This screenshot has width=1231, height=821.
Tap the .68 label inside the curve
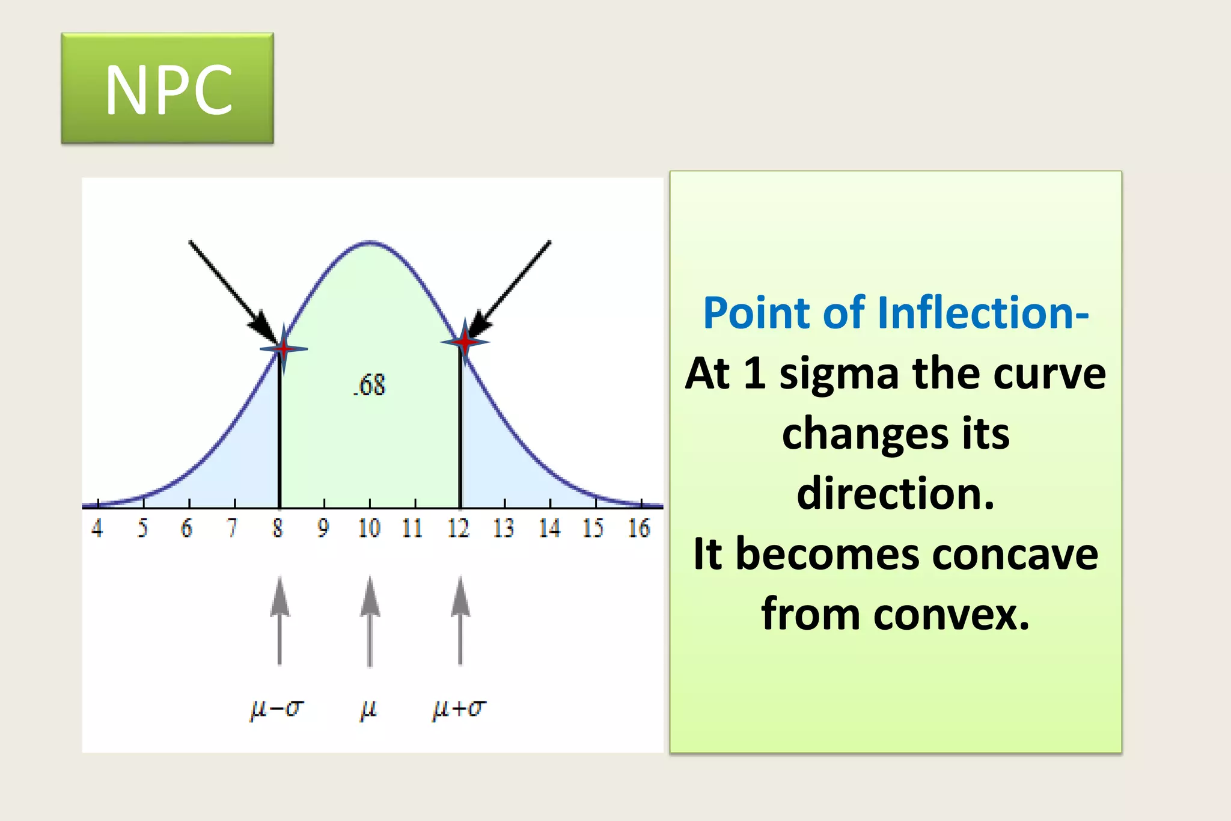(x=369, y=385)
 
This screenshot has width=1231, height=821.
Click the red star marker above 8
(x=283, y=349)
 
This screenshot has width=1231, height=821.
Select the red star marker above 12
(x=465, y=342)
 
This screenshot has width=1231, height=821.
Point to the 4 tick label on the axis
(x=97, y=528)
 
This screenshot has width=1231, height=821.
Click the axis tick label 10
(x=369, y=528)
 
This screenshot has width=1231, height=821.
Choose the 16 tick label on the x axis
(x=639, y=528)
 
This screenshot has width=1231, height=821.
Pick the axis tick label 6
(x=187, y=528)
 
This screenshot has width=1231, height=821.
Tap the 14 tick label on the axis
(x=549, y=528)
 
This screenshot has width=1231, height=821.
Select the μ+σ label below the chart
(x=459, y=709)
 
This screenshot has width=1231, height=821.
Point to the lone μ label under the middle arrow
(x=368, y=710)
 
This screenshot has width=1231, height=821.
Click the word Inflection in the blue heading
(x=983, y=313)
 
